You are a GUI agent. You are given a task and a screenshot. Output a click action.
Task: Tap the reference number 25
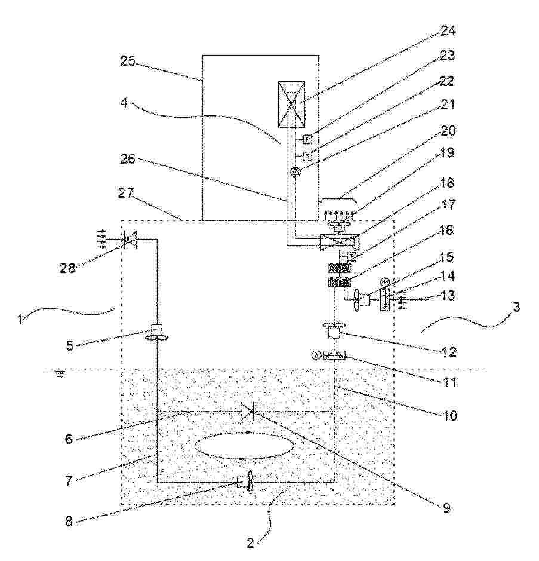click(128, 61)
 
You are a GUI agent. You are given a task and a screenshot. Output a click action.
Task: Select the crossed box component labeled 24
click(291, 104)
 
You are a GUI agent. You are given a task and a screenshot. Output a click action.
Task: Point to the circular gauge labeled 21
click(295, 173)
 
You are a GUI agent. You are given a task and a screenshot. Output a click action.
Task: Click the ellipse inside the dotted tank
click(245, 446)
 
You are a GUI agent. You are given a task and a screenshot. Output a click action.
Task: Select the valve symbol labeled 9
click(248, 412)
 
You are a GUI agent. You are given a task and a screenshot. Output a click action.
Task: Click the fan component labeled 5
click(157, 332)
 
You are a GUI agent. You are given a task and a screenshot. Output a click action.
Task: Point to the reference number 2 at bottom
click(250, 543)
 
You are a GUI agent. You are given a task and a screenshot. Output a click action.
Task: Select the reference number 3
click(516, 306)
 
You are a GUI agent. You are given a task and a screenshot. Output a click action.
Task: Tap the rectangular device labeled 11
click(334, 355)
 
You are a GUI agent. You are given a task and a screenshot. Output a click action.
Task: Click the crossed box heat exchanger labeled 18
click(339, 243)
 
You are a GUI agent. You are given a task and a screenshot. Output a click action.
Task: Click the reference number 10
click(449, 415)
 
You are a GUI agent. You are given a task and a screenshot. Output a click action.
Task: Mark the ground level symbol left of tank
click(60, 374)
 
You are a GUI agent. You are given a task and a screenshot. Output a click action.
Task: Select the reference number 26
click(128, 158)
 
